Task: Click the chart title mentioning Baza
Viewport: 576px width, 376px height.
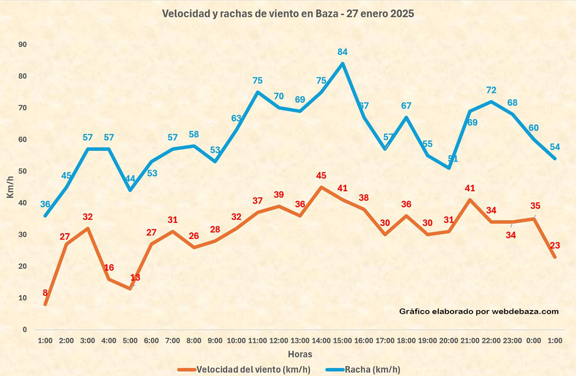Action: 288,14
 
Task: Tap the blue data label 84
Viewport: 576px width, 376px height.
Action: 342,52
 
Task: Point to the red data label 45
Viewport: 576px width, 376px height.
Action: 321,176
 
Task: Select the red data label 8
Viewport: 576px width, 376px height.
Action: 45,293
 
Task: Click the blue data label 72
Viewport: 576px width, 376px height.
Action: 491,90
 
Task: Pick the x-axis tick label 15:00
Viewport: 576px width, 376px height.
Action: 342,341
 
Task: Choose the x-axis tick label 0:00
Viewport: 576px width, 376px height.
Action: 533,341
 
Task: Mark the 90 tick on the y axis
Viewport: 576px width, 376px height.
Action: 23,44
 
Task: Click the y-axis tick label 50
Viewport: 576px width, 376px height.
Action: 23,171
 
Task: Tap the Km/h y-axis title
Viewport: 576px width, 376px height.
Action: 10,187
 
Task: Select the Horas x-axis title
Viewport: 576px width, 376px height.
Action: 300,354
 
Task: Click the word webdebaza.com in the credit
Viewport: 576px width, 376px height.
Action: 525,312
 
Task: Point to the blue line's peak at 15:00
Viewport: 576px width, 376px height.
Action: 342,64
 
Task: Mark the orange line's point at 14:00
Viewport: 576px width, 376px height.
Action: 321,187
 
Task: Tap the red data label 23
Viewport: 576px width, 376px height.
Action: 555,246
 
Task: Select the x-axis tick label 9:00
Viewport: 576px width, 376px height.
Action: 215,341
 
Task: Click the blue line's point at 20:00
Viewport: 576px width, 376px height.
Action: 449,168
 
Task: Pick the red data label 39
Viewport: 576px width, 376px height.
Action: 279,195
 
